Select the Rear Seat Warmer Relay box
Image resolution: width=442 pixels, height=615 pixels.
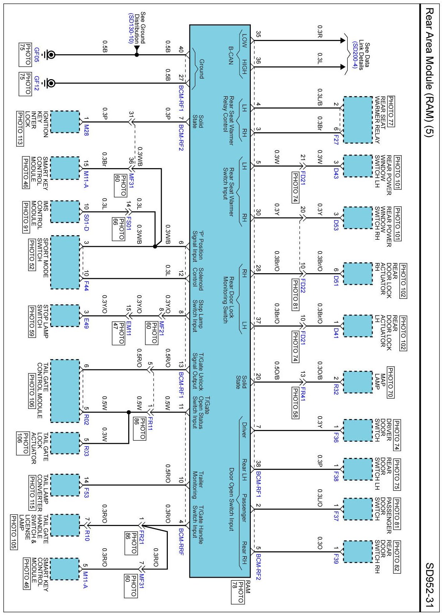tap(358, 120)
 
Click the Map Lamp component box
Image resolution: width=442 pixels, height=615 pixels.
tap(358, 382)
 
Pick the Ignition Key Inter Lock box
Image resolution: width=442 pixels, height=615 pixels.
tap(65, 122)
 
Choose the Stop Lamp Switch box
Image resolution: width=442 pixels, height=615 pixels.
tap(65, 316)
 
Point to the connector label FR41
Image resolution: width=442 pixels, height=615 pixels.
tap(302, 394)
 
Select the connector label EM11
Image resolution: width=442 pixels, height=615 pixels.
tap(128, 329)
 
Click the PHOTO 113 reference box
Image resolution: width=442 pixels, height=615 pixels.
tap(20, 129)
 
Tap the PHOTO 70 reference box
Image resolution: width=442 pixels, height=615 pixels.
tap(390, 382)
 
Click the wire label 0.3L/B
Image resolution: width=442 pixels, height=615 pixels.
tap(320, 98)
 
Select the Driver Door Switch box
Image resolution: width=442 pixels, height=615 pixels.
tap(358, 430)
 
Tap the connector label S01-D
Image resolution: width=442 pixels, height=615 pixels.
tap(86, 223)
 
